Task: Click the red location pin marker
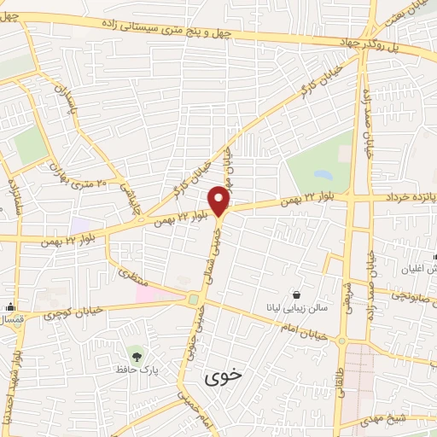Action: pyautogui.click(x=220, y=201)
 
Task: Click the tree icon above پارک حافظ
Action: pyautogui.click(x=135, y=353)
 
